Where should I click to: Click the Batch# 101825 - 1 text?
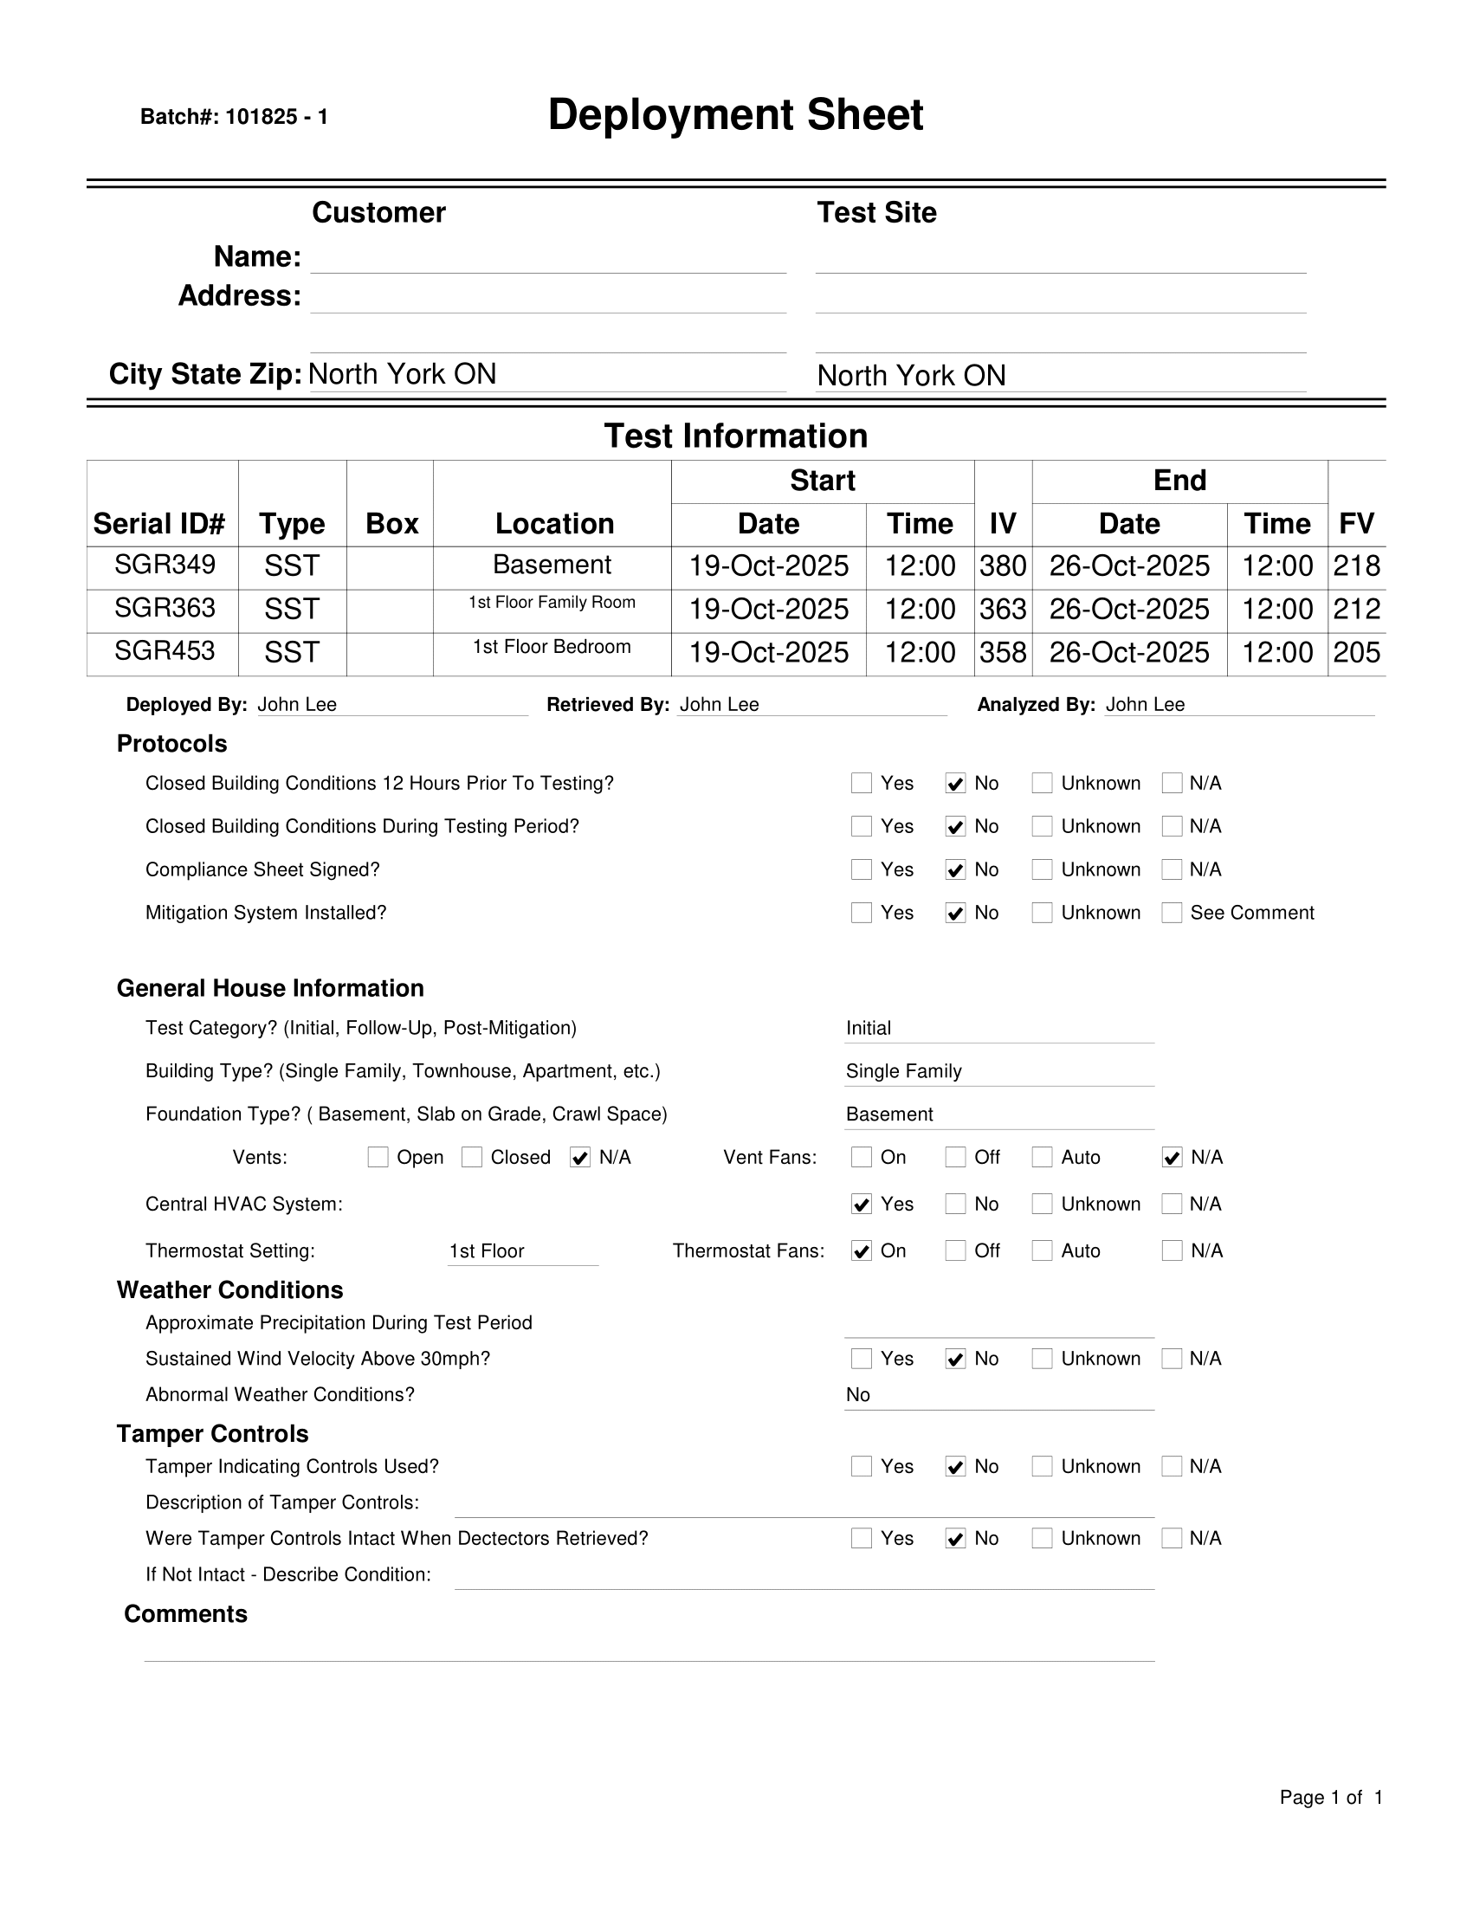(x=234, y=117)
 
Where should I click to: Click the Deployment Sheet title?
(x=734, y=115)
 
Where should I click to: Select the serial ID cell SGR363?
(x=164, y=607)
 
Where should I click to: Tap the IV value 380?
(x=1002, y=565)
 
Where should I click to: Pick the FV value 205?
(x=1356, y=652)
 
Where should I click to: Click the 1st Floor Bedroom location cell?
(x=552, y=647)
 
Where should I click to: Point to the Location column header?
(x=554, y=523)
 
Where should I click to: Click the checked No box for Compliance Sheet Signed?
(x=955, y=870)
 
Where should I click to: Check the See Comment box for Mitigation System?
(x=1172, y=913)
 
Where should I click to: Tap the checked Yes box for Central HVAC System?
(x=862, y=1205)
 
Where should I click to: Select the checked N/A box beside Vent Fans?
(x=1172, y=1157)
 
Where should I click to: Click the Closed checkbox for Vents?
(x=472, y=1157)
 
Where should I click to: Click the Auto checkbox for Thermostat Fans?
(x=1042, y=1250)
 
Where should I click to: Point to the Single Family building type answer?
(x=903, y=1071)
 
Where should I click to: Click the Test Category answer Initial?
(x=869, y=1028)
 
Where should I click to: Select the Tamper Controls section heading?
(x=212, y=1434)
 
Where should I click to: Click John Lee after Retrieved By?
(x=719, y=704)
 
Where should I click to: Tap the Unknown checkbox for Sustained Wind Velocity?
(x=1042, y=1359)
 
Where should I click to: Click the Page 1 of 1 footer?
(x=1330, y=1797)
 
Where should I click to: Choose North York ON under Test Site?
(x=911, y=375)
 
